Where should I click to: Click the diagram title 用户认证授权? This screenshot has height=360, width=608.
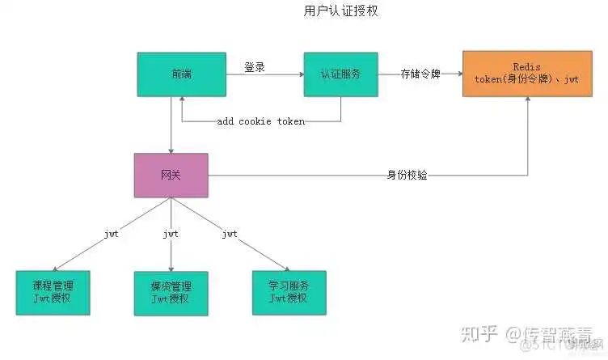coord(330,11)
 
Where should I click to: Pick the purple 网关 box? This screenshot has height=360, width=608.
coord(171,176)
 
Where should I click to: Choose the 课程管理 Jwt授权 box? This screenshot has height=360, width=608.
coord(53,292)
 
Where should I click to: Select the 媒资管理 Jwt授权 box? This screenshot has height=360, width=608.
coord(171,292)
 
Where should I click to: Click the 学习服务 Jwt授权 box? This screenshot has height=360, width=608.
coord(289,292)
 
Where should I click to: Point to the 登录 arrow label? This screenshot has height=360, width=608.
coord(255,68)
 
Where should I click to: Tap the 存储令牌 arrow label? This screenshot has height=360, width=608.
coord(420,74)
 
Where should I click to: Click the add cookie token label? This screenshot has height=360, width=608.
coord(261,121)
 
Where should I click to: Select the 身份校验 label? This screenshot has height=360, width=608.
coord(407,175)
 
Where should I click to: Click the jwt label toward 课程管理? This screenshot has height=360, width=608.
coord(112,234)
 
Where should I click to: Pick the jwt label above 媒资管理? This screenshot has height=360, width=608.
coord(171,234)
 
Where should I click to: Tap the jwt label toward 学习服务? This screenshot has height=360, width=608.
coord(230,234)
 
